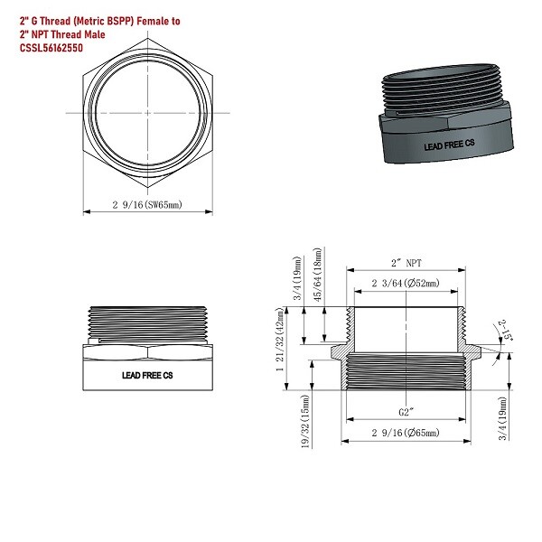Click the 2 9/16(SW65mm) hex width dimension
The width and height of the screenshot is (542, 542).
(148, 205)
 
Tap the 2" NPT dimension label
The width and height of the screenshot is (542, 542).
(406, 263)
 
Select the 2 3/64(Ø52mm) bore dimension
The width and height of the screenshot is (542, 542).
(406, 284)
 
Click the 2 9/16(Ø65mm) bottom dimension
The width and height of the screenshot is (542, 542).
(406, 435)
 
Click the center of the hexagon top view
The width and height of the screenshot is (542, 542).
(147, 112)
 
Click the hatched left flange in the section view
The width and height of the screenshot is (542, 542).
(340, 350)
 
